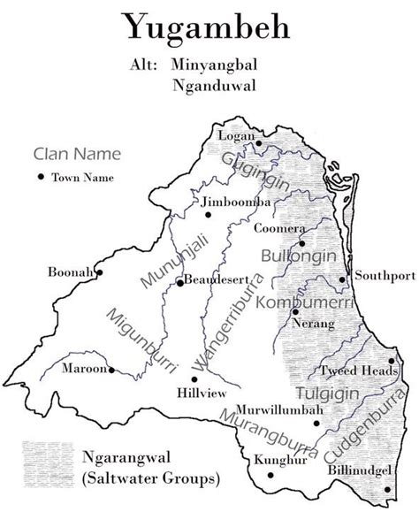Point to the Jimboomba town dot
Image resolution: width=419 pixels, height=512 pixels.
tap(209, 213)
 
